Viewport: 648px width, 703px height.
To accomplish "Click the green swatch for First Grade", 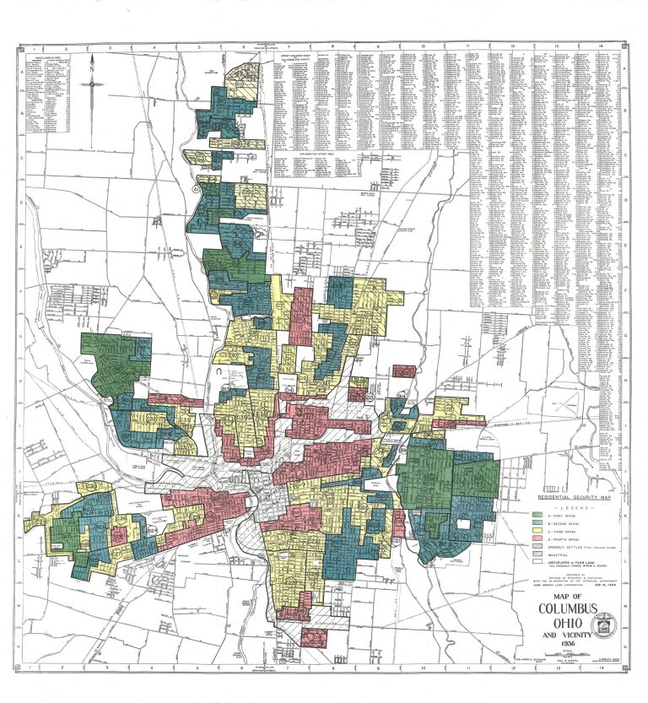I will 537,514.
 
